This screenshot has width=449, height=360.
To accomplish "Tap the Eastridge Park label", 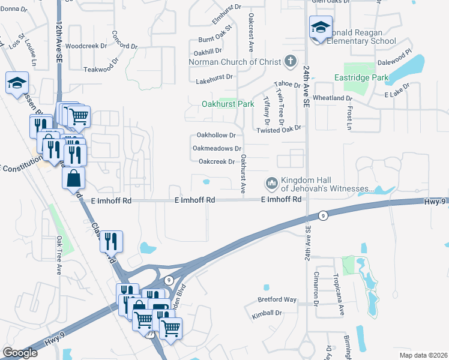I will pos(361,77).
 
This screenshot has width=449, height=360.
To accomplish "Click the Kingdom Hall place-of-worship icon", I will pos(271,182).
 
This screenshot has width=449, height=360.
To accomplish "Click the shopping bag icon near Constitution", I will pos(73,179).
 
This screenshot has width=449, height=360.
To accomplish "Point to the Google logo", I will pos(20,352).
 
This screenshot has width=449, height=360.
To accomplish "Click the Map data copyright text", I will pos(423,354).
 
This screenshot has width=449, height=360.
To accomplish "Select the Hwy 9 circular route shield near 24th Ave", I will pos(323,215).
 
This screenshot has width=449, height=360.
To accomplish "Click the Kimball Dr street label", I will pos(267,313).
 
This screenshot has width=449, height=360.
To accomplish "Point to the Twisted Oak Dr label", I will pos(278,130).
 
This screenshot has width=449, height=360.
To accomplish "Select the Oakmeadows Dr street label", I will pos(217,148).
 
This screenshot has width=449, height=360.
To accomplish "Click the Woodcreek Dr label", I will pos(86,46).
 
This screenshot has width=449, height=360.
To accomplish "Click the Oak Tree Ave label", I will pos(59,256).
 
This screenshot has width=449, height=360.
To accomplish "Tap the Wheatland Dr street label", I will pos(345,98).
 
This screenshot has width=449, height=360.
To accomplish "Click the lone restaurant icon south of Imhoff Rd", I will pos(112,242).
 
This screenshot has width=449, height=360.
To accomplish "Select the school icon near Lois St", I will pos(17,84).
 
